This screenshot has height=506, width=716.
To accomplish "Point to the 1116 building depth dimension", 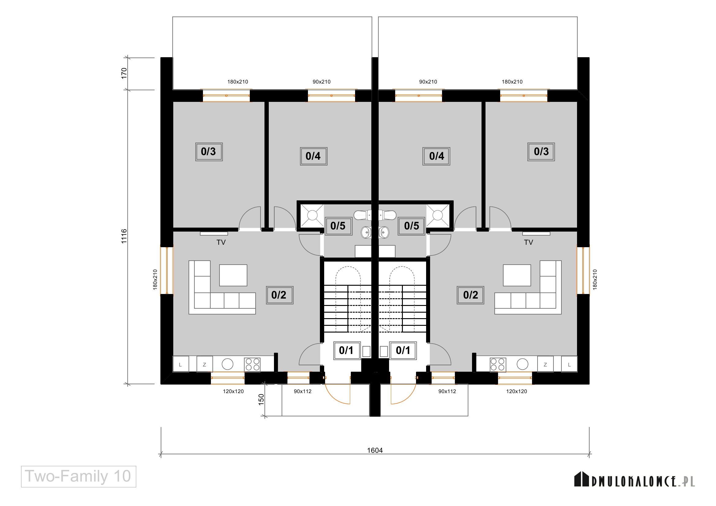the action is (x=124, y=236).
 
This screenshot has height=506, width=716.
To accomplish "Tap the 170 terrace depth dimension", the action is (x=124, y=73).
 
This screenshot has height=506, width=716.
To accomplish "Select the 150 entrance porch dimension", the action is (x=261, y=400).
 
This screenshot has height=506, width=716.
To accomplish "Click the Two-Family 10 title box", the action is (x=79, y=476).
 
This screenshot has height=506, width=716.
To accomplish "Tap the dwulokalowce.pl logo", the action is (x=635, y=479).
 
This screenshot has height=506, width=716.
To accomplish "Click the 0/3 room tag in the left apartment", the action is (x=209, y=152).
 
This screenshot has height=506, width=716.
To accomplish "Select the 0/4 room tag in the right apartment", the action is (x=436, y=156).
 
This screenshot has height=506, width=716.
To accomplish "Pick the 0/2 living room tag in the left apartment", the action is (x=279, y=295).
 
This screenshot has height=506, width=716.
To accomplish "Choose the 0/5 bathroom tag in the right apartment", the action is (x=412, y=226).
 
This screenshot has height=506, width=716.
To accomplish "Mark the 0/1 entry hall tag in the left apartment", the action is (x=347, y=351).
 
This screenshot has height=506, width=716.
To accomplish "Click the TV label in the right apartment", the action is (x=529, y=242).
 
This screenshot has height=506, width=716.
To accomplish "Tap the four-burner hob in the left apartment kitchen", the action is (x=252, y=364).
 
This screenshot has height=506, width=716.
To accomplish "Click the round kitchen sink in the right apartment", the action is (x=522, y=364).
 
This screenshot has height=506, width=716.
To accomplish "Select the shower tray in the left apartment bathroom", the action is (x=312, y=215).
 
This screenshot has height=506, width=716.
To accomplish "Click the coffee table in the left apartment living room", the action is (x=233, y=275).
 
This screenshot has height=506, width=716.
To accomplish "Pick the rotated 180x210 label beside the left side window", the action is (x=155, y=280).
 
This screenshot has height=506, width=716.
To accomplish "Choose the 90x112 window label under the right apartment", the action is (x=447, y=391).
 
